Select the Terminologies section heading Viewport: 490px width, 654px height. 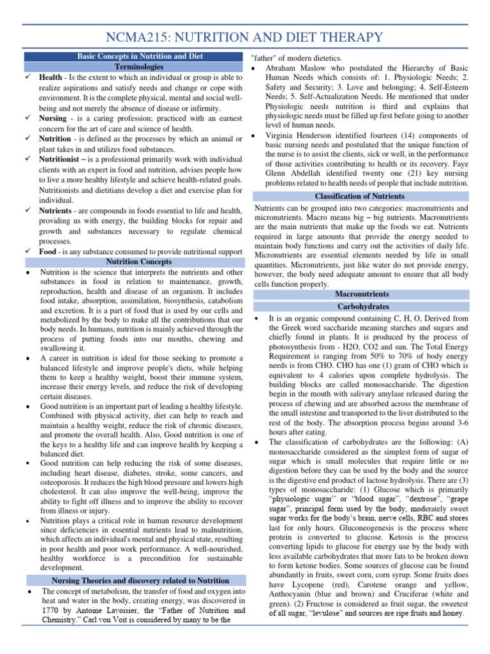coord(139,66)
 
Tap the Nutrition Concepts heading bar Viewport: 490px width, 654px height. coord(138,262)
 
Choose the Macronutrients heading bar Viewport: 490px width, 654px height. coord(361,294)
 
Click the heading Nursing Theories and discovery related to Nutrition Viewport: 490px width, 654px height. coord(140,581)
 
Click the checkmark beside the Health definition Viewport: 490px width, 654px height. coord(29,77)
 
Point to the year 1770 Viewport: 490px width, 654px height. coord(50,611)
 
